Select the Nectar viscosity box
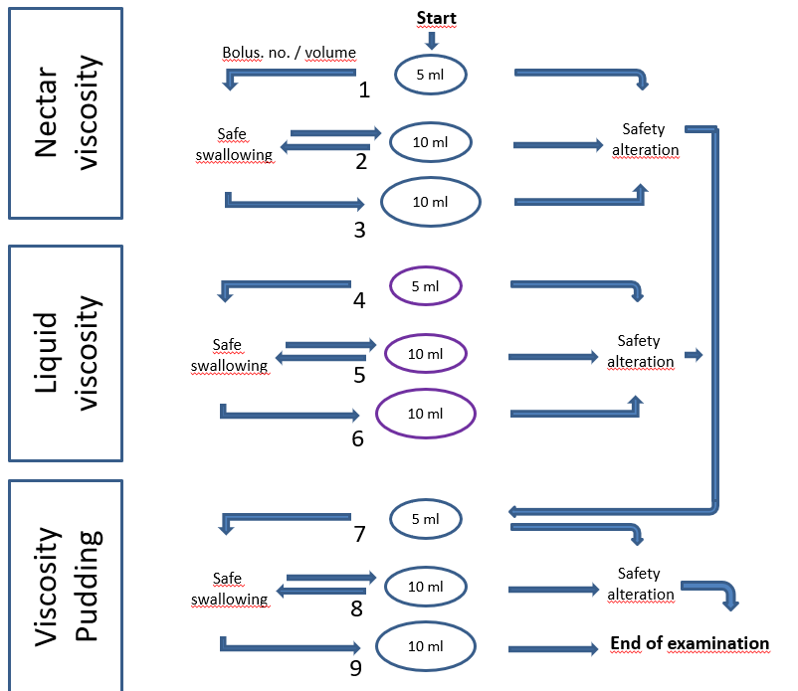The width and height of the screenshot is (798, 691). click(66, 112)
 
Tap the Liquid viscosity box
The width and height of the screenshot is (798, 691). click(66, 353)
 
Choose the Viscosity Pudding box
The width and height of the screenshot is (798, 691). click(66, 586)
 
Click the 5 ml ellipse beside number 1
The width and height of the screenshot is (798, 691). click(430, 75)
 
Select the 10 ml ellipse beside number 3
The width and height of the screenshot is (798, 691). click(430, 202)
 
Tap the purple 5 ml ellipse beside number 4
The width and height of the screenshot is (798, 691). click(425, 286)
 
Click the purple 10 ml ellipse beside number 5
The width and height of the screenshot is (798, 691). click(425, 353)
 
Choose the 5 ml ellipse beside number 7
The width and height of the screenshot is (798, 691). click(425, 519)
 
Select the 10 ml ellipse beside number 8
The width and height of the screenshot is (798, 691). click(426, 587)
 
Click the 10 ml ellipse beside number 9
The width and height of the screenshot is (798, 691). click(425, 647)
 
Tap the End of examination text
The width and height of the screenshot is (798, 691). click(690, 644)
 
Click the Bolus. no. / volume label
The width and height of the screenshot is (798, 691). click(288, 53)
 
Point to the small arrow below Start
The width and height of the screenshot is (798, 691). click(431, 41)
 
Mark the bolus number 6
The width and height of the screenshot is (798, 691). click(357, 437)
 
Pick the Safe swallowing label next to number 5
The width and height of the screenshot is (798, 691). click(229, 355)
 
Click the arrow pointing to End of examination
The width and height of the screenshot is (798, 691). click(554, 649)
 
